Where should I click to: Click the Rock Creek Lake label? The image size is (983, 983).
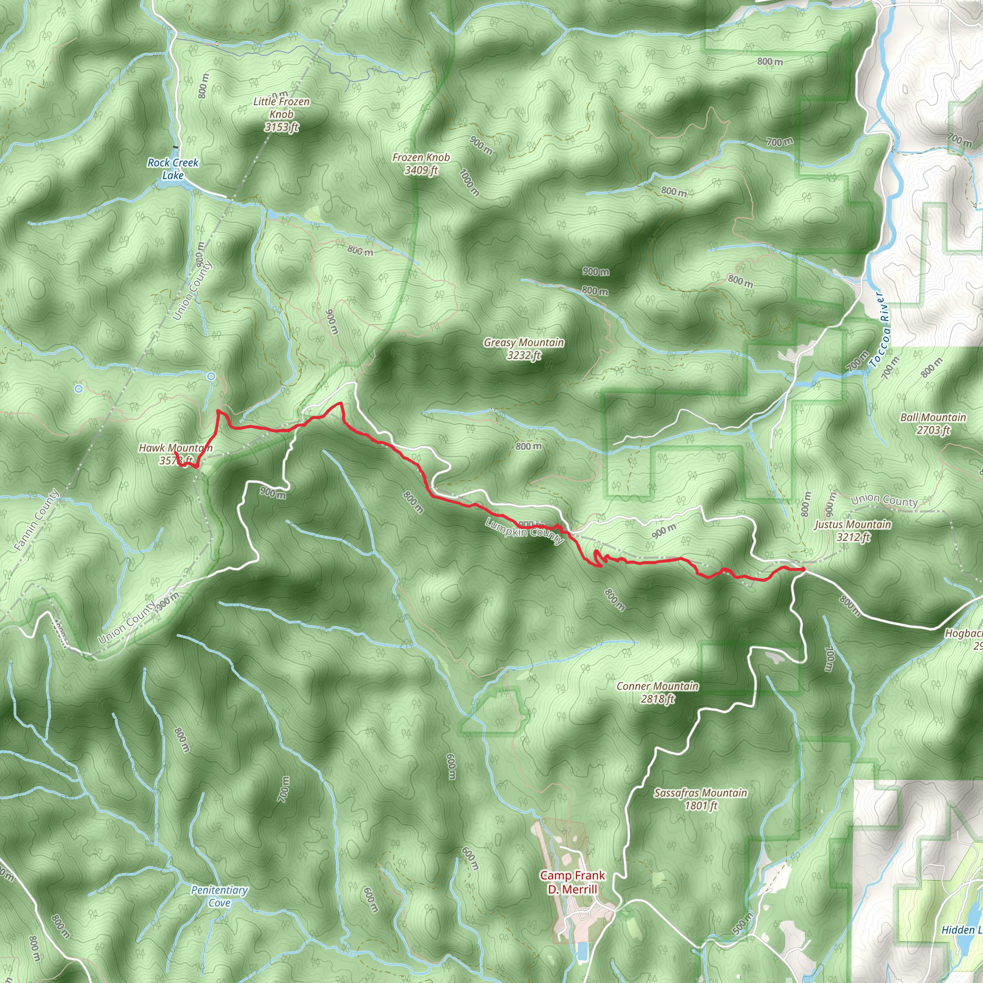[172, 168]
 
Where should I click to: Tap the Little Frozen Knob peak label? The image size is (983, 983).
[281, 114]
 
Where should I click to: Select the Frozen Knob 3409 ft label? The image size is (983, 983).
[421, 163]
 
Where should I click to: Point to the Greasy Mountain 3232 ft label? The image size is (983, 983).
[524, 348]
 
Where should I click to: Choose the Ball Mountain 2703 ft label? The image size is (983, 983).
[933, 423]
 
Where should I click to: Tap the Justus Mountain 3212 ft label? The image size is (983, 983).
[853, 531]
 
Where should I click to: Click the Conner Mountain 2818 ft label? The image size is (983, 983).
[657, 692]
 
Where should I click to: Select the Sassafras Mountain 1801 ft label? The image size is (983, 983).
[700, 799]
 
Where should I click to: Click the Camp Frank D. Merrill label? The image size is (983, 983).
[573, 882]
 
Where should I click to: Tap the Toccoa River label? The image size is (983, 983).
[881, 329]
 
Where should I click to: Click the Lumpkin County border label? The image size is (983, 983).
[524, 531]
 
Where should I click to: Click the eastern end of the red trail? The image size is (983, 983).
[803, 569]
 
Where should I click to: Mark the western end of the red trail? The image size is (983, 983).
[175, 451]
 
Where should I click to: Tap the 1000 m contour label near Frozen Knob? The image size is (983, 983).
[469, 182]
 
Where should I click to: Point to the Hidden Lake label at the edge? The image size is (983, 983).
[960, 930]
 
